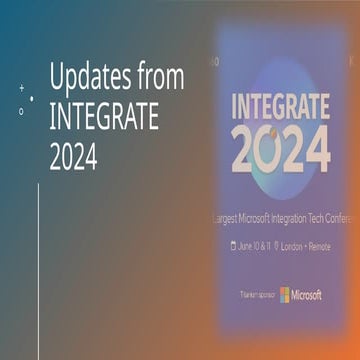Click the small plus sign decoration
(21, 88)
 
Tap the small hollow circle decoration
(21, 111)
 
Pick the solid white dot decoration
(32, 98)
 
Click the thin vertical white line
(38, 270)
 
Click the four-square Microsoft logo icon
(284, 294)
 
